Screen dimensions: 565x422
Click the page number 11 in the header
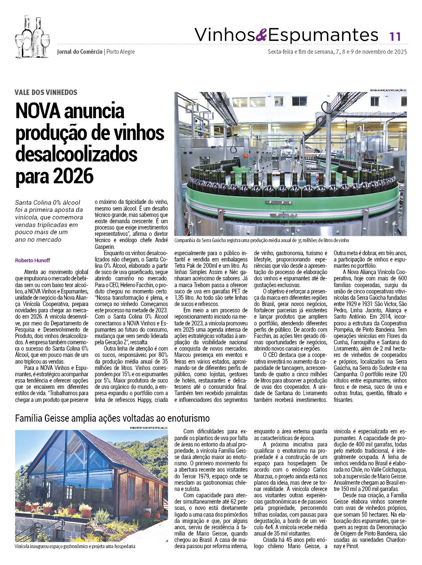coord(395,36)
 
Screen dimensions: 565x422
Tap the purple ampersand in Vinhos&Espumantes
coord(261,35)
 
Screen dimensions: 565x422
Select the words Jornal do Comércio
coord(80,52)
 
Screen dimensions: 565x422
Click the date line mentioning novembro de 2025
coord(337,52)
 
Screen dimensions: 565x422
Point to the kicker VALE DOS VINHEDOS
coord(46,92)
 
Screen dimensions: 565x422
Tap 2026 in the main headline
coord(72,176)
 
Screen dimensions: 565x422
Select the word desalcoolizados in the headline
coord(76,154)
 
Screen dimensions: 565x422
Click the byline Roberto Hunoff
coord(32,260)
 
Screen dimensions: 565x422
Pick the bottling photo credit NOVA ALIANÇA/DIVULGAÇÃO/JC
coord(388,90)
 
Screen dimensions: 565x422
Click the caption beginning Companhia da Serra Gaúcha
coord(261,240)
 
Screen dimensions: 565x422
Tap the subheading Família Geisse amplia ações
coord(112,418)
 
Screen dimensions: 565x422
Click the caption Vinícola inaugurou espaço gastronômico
coord(75,547)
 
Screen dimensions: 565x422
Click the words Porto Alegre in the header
coord(121,52)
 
